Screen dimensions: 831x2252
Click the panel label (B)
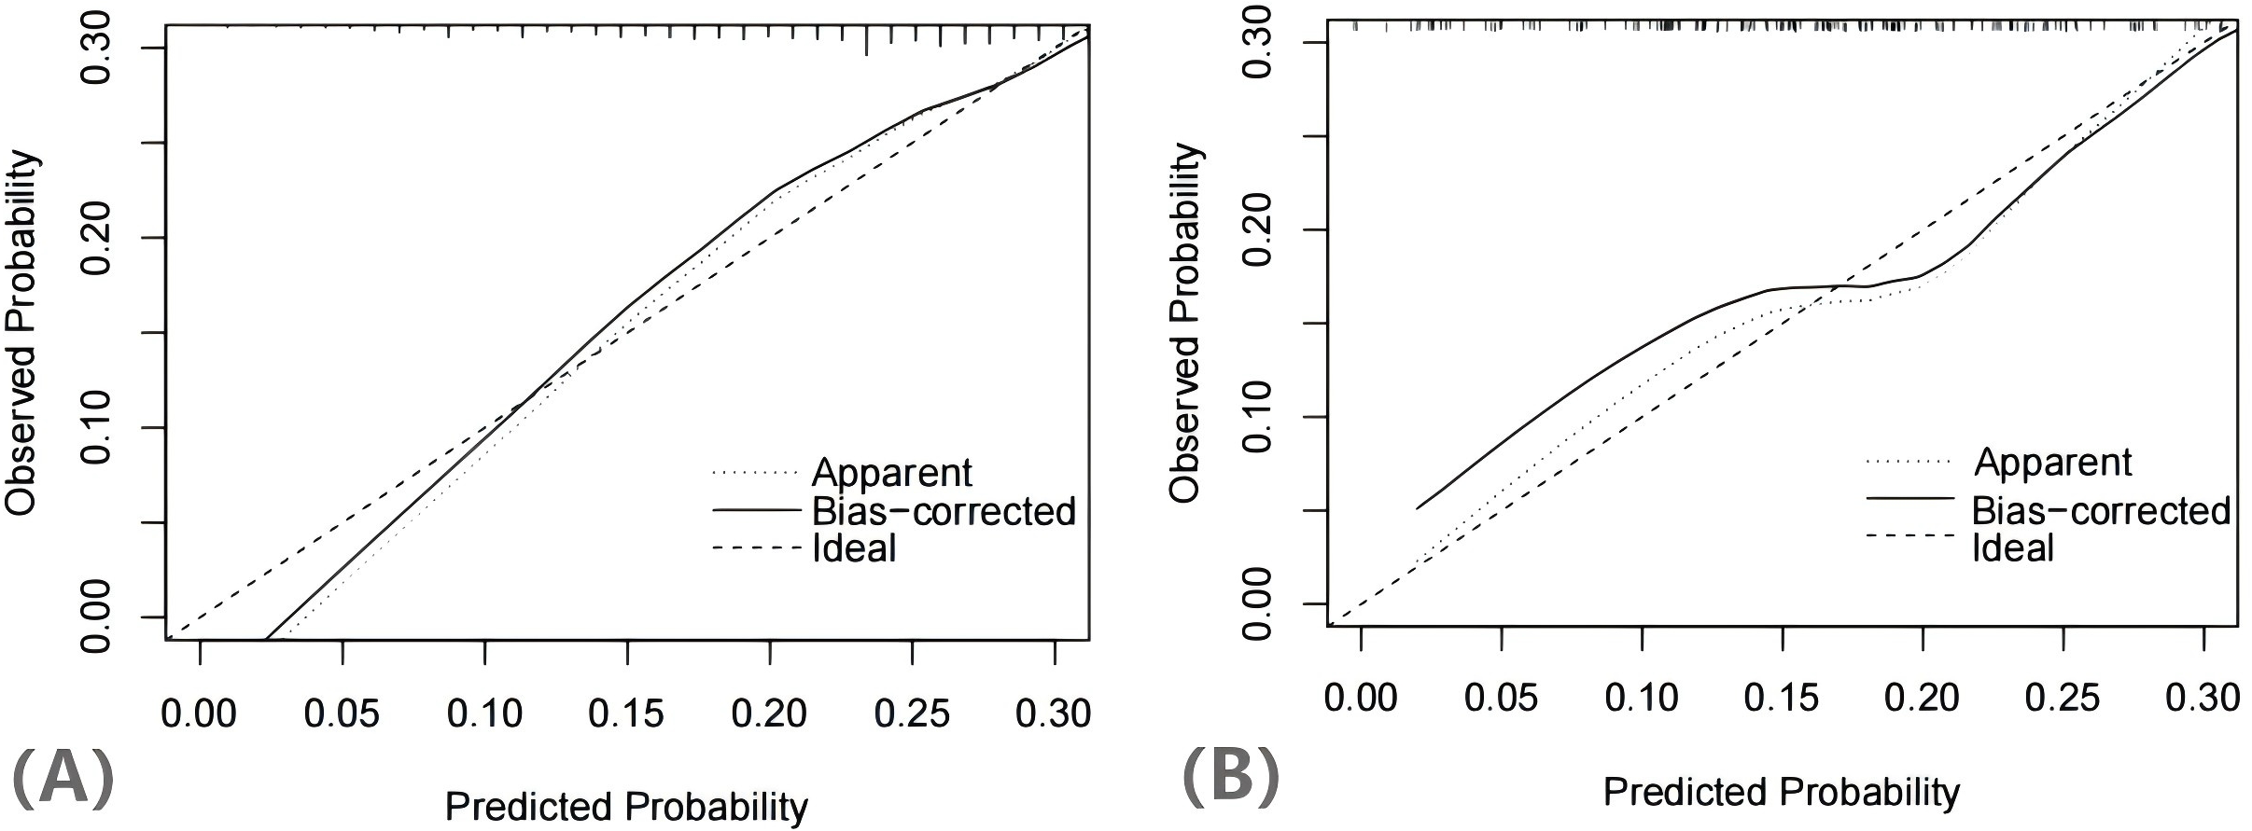tap(1230, 776)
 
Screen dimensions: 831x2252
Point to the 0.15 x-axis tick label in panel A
tap(626, 714)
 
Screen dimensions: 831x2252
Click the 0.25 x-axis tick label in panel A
tap(912, 714)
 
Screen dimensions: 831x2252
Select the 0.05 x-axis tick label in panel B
tap(1500, 698)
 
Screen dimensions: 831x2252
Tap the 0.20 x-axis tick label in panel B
tap(1922, 698)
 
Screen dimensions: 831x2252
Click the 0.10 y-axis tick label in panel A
tap(97, 427)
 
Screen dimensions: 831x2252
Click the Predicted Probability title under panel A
tap(626, 807)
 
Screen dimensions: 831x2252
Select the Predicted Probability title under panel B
tap(1781, 792)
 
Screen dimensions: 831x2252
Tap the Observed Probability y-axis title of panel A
tap(22, 334)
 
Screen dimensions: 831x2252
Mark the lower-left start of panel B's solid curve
tap(1418, 508)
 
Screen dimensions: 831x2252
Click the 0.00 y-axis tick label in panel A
tap(97, 617)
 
